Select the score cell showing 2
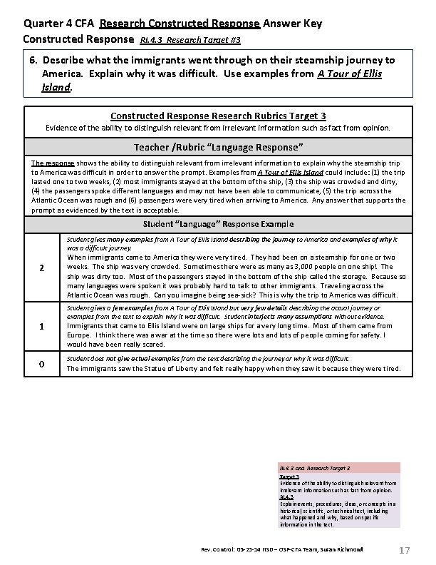42,268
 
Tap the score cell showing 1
42,327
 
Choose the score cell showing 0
42,365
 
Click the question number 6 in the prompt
33,61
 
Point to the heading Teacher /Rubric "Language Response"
219,147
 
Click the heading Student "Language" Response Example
219,224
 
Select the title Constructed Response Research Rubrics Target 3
219,116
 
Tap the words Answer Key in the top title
292,24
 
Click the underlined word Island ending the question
58,88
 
